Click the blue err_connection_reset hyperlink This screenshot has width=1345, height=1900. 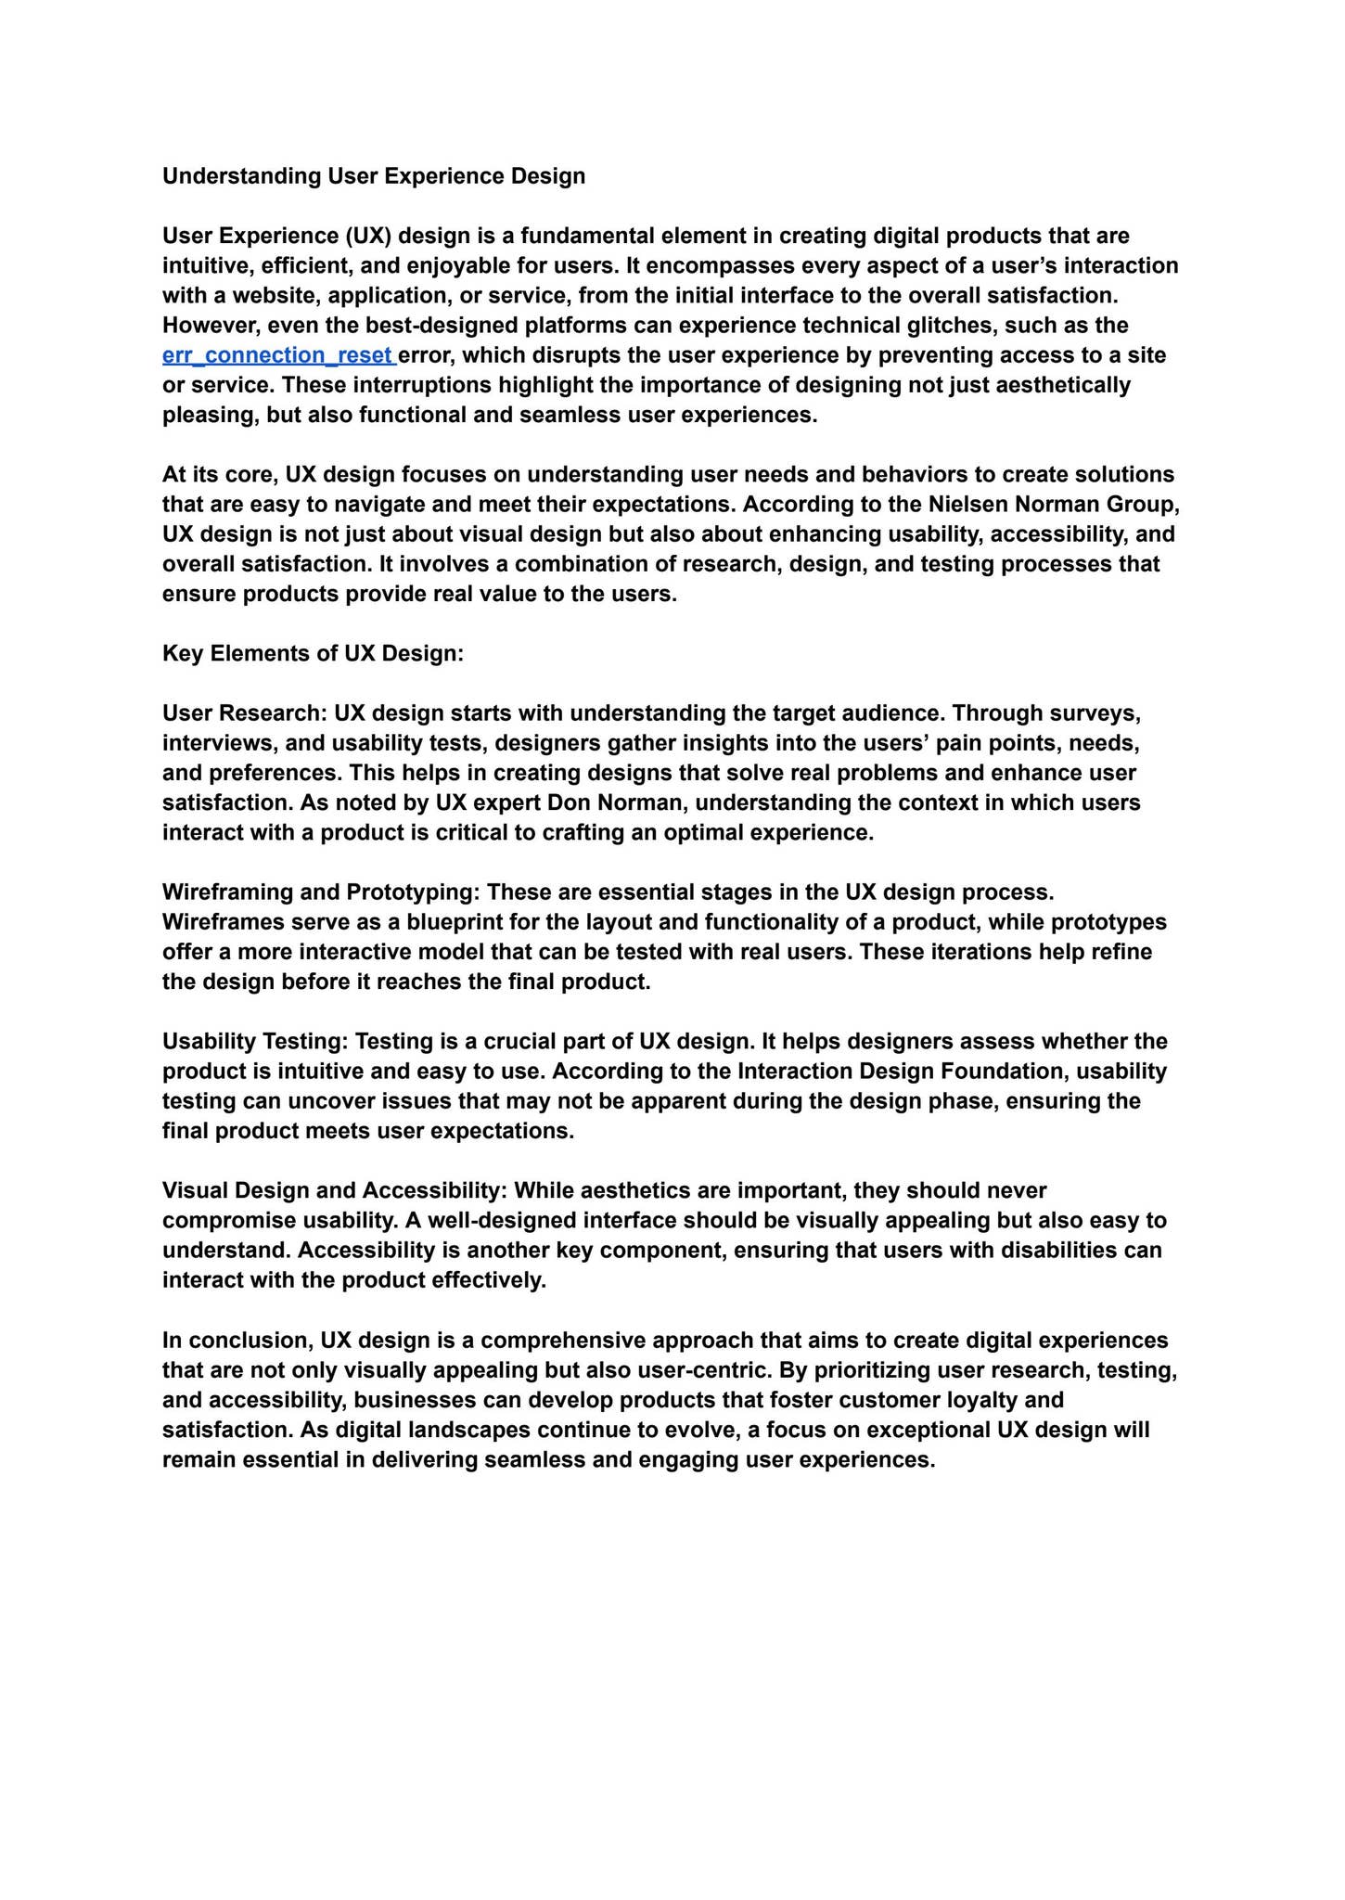[x=277, y=355]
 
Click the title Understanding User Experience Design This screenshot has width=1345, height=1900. [x=374, y=176]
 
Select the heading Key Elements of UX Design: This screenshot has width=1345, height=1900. [x=313, y=653]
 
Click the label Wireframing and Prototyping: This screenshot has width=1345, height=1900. [x=321, y=892]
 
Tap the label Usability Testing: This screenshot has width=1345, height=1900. [x=255, y=1041]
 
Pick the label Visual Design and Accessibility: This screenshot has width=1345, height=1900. [x=335, y=1190]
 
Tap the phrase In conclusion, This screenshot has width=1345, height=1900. [x=237, y=1341]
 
